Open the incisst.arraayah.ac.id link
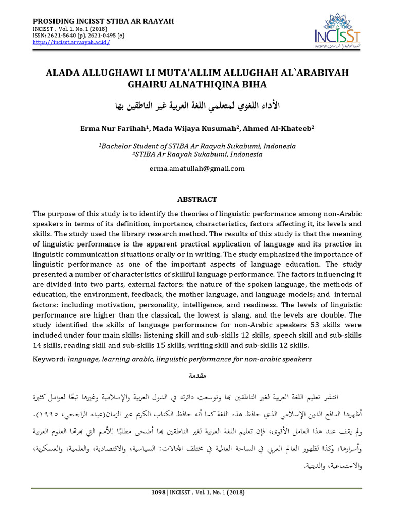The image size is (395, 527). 71,43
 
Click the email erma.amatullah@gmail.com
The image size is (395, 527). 197,168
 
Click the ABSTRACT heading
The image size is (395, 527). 197,199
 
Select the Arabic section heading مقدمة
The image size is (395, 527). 197,377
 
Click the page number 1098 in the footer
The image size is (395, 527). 158,492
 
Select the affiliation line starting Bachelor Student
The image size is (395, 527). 197,146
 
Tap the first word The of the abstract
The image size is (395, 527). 40,214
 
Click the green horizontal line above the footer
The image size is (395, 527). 197,488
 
